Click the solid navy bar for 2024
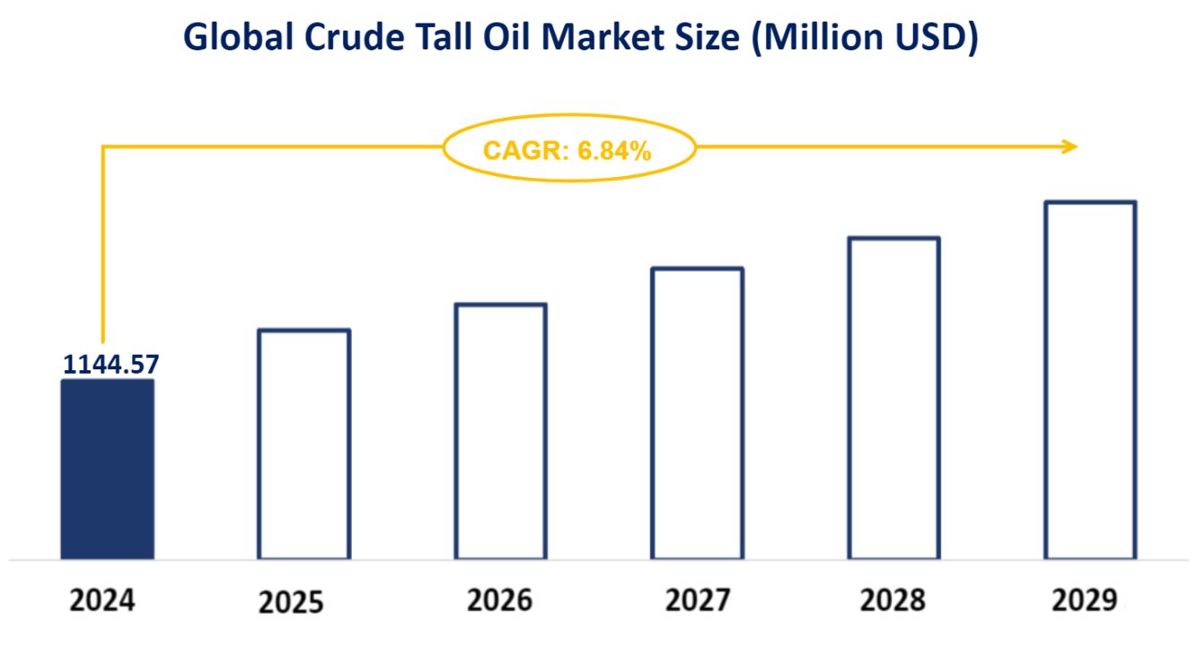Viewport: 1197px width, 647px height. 107,468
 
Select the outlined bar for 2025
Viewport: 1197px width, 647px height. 304,444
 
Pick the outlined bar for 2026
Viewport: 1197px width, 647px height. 500,431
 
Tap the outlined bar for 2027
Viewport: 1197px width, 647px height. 698,413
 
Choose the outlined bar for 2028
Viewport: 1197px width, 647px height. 894,398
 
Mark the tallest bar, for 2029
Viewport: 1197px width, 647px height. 1090,379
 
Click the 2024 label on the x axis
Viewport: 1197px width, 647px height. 102,600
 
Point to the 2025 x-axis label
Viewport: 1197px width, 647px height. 290,602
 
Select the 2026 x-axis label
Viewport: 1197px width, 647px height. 499,600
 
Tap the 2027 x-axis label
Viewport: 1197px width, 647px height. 698,600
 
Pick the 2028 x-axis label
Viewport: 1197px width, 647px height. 891,600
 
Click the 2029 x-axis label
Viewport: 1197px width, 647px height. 1088,600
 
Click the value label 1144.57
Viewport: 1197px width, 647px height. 110,364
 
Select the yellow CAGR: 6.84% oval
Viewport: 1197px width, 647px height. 569,149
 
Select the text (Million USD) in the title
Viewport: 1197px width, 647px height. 864,38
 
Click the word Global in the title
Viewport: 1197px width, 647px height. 236,38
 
